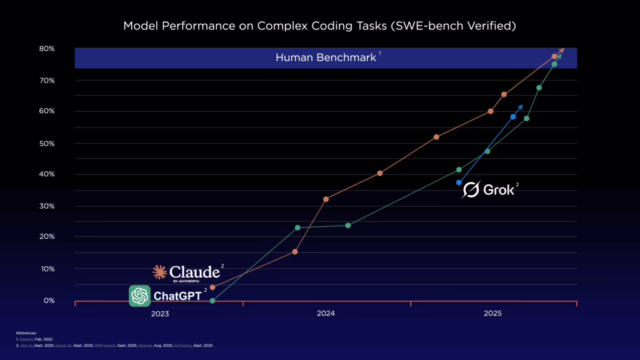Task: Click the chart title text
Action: (x=319, y=26)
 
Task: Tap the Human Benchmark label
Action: (x=326, y=57)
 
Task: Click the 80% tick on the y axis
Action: (x=47, y=49)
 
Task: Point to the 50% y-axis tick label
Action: (x=47, y=143)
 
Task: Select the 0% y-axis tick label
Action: (x=49, y=301)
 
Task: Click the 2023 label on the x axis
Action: (x=159, y=314)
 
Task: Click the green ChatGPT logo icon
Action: (x=139, y=296)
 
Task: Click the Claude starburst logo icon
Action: (x=160, y=272)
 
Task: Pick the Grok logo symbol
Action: (x=471, y=190)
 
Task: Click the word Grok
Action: (x=499, y=190)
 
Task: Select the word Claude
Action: (x=194, y=272)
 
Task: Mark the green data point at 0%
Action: (x=212, y=301)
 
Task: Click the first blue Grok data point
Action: (x=459, y=182)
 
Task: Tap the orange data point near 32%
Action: (x=326, y=199)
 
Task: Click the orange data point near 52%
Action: (x=436, y=137)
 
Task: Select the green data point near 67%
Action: (x=539, y=87)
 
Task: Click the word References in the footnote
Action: (x=26, y=334)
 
